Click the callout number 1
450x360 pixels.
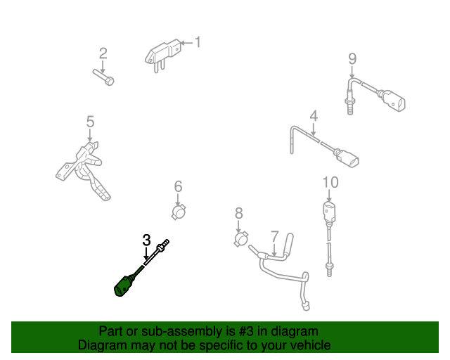[x=198, y=42]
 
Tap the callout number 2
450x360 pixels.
[x=103, y=53]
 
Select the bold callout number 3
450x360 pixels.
[x=146, y=240]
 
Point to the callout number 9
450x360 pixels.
[x=352, y=59]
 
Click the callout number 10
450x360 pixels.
[x=330, y=182]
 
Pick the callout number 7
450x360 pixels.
[x=275, y=236]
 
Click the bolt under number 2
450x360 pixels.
[x=103, y=77]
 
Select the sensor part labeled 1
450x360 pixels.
[x=163, y=56]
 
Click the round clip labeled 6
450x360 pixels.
[x=179, y=212]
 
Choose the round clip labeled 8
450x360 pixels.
[x=241, y=239]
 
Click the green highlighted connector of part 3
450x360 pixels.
[x=124, y=285]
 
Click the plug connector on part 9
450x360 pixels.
[x=393, y=101]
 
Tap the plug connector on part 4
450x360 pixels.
[x=347, y=157]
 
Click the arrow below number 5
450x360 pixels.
[x=90, y=135]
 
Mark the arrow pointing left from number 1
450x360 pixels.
[x=187, y=43]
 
